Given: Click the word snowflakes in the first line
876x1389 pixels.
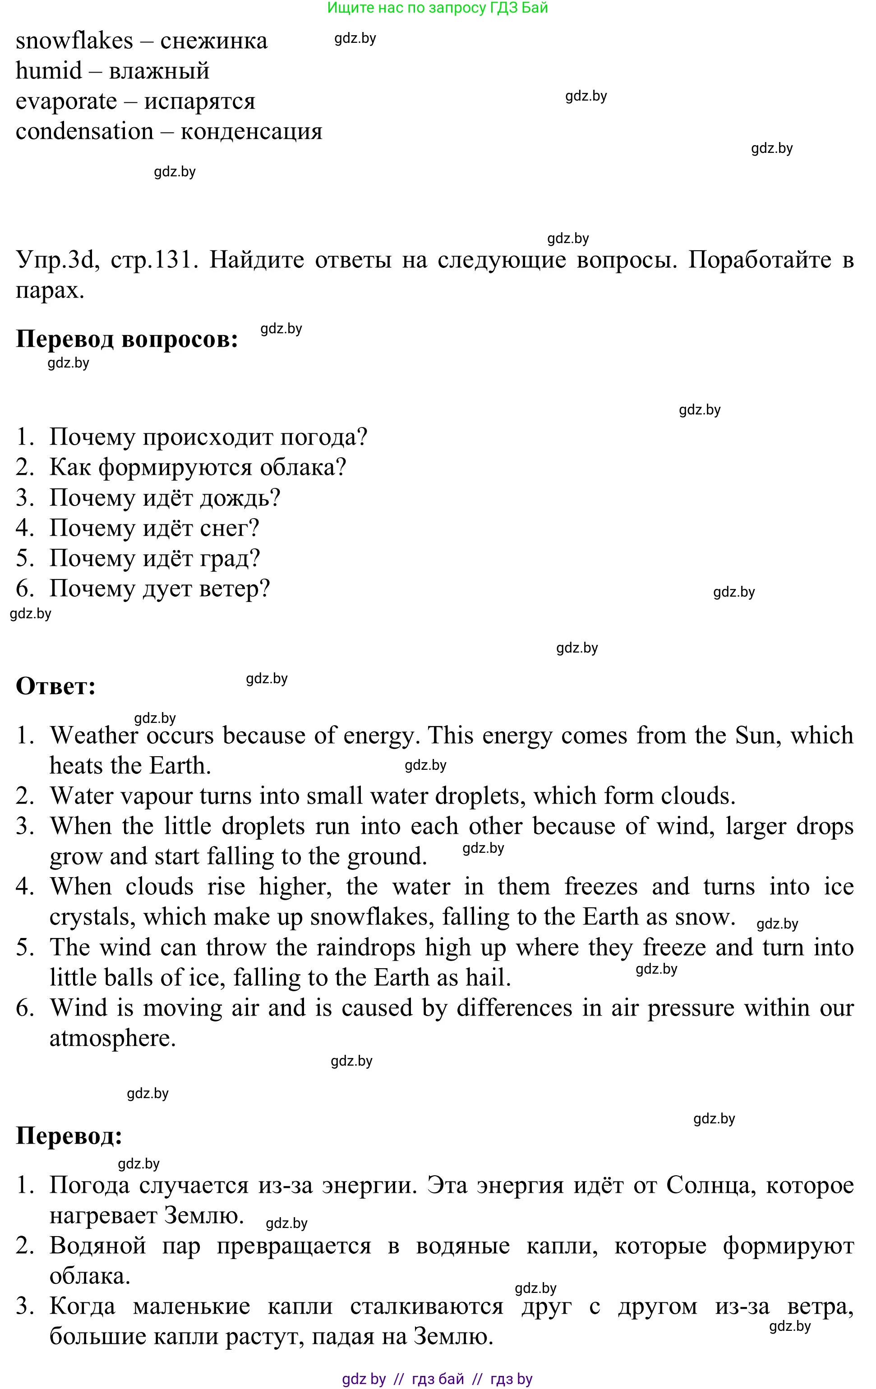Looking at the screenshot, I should (74, 41).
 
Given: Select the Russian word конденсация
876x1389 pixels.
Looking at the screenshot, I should (251, 132).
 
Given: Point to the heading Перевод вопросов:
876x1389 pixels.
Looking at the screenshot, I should (126, 339).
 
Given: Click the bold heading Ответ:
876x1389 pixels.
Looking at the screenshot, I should (55, 686).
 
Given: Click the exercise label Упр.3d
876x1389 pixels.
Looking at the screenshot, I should (54, 260).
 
